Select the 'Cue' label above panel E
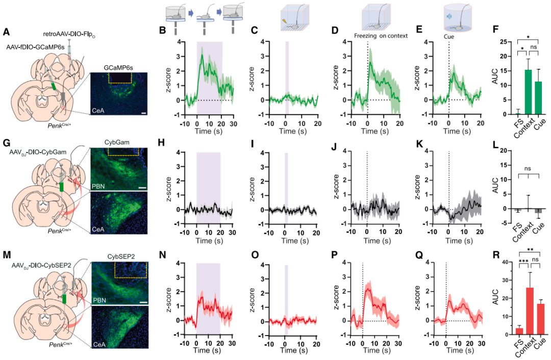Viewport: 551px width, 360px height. coord(448,36)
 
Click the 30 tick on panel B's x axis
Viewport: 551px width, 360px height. coord(233,124)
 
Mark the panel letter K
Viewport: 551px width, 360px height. coord(420,145)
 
